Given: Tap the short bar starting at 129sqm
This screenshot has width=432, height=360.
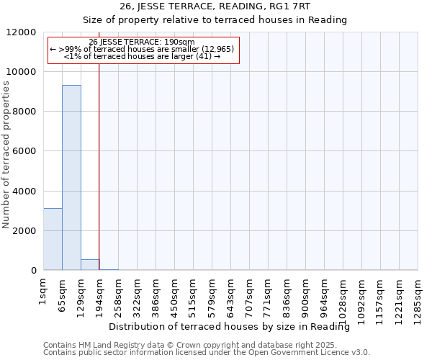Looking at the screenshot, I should click(x=90, y=264).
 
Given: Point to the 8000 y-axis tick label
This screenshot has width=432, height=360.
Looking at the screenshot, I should click(x=24, y=112).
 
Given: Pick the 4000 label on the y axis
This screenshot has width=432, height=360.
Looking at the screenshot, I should click(x=24, y=192).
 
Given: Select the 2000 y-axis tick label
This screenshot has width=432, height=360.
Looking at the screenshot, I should click(x=24, y=231).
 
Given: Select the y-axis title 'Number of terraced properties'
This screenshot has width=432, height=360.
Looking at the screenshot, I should click(x=6, y=155).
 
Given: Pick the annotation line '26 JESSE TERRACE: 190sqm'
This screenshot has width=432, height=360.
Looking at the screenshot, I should click(x=142, y=42).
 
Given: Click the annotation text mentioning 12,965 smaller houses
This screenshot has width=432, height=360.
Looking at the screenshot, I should click(x=142, y=49).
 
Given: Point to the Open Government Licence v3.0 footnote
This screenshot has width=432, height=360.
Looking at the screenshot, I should click(x=206, y=353).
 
